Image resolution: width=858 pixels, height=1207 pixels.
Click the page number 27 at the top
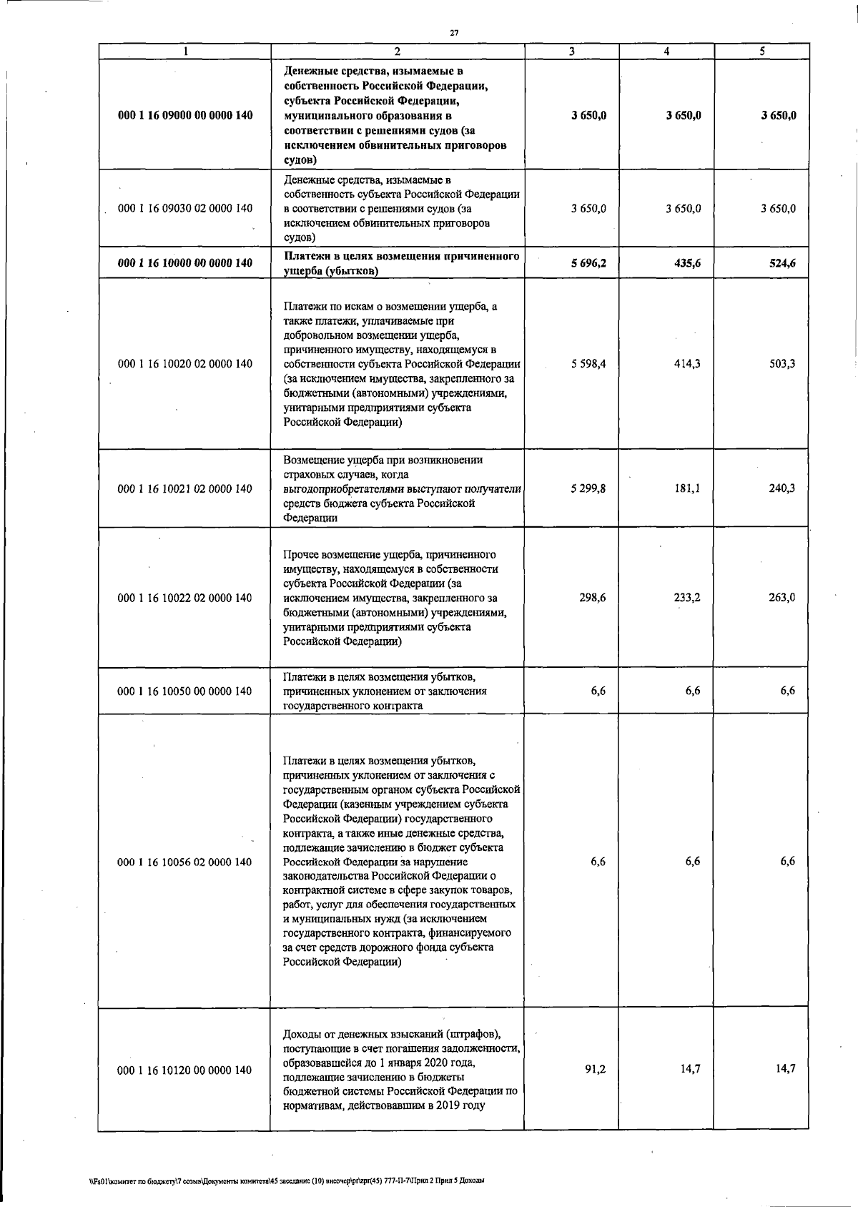pyautogui.click(x=454, y=32)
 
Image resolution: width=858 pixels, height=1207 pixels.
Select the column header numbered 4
pyautogui.click(x=666, y=51)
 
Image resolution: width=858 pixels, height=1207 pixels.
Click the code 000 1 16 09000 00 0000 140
pyautogui.click(x=184, y=115)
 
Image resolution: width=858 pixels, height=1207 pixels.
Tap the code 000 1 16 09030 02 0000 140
pyautogui.click(x=184, y=209)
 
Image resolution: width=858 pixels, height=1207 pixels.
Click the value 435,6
pyautogui.click(x=686, y=263)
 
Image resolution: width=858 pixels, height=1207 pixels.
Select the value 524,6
pyautogui.click(x=781, y=263)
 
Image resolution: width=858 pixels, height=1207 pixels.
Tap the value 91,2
pyautogui.click(x=596, y=1069)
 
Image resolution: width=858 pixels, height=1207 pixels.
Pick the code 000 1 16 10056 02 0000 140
pyautogui.click(x=184, y=862)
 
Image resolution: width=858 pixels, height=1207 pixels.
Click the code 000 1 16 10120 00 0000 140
pyautogui.click(x=184, y=1070)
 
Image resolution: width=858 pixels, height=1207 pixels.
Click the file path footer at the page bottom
pyautogui.click(x=282, y=1181)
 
